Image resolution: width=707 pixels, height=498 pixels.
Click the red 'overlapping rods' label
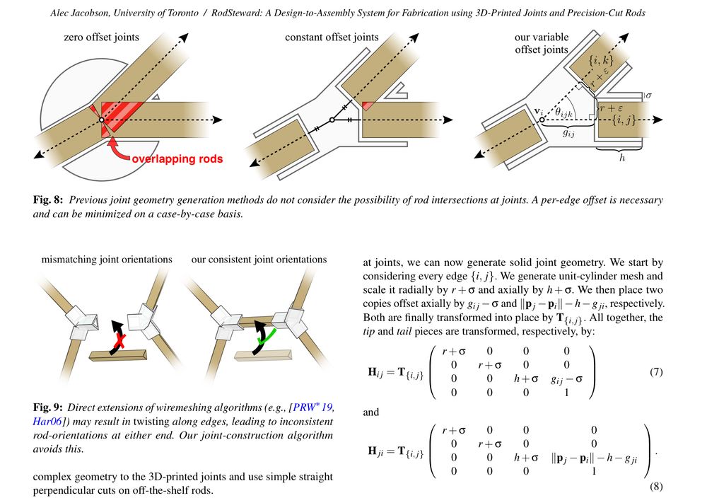[x=177, y=158]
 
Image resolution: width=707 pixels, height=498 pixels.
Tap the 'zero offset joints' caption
[x=101, y=37]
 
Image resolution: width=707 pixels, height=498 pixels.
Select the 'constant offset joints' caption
[x=332, y=37]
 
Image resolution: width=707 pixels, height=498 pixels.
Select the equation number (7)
[x=656, y=371]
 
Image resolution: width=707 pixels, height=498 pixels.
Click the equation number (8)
[x=656, y=486]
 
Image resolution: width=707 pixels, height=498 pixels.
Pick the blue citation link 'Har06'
[x=47, y=422]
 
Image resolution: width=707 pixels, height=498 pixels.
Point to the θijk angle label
[x=563, y=112]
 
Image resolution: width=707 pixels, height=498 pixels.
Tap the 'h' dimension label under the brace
[x=622, y=158]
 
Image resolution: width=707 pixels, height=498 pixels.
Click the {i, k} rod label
[x=600, y=59]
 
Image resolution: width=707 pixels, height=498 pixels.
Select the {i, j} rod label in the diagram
[x=624, y=120]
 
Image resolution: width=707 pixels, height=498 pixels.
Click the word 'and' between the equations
[x=371, y=412]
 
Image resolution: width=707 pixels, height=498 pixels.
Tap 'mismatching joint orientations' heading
[x=107, y=260]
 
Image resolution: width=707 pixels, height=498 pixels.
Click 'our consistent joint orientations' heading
[x=259, y=260]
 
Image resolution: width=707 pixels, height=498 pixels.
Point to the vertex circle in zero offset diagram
[x=101, y=120]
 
